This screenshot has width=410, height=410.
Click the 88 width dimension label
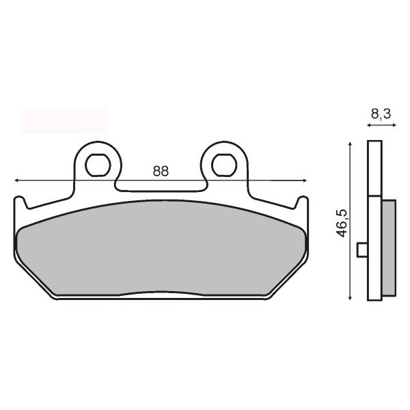coord(161,172)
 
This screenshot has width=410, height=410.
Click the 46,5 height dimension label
coord(342,223)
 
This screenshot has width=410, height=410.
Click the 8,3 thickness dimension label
coord(381,114)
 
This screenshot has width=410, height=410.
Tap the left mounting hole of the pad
coord(98,165)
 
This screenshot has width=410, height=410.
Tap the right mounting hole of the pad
coord(224,165)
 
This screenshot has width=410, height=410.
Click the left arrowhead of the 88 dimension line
coord(16,180)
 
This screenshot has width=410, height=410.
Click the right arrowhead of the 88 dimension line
coord(304,180)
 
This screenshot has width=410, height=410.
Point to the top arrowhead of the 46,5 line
coord(350,144)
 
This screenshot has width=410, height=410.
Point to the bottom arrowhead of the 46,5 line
coord(350,297)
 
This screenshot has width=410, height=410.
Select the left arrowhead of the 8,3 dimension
coord(369,125)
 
